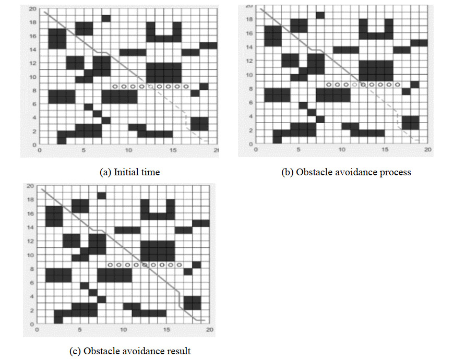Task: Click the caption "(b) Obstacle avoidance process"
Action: coord(347,172)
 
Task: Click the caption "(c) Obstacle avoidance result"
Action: coord(130,351)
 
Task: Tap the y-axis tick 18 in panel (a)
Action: coord(33,22)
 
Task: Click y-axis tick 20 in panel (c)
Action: coord(31,186)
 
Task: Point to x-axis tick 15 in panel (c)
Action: coord(166,330)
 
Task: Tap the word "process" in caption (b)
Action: coord(397,172)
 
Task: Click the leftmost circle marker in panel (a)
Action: coord(115,86)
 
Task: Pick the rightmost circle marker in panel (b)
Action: coord(398,84)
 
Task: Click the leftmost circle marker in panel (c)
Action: coord(110,265)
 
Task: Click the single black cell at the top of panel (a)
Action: coord(106,18)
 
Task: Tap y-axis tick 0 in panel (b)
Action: coord(251,143)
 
